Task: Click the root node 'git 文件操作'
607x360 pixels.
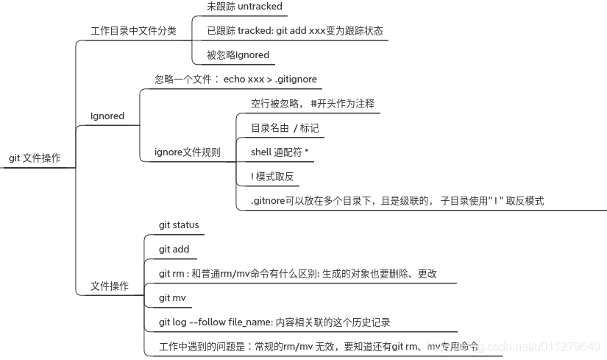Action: pos(35,158)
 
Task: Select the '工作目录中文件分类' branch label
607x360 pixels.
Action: pos(133,31)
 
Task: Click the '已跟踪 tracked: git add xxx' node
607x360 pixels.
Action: pos(294,31)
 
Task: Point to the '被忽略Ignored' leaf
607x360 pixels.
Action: pos(238,54)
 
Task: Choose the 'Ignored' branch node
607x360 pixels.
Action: pos(107,116)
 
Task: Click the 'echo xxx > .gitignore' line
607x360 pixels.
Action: pos(235,79)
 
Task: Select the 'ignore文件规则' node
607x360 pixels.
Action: pos(187,152)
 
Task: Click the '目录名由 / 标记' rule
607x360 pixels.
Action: pos(285,128)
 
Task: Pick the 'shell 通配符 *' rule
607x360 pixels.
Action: pos(280,152)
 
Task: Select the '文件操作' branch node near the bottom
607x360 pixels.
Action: pos(109,286)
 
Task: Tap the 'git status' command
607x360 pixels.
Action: pos(179,225)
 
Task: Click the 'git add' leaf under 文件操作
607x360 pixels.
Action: pos(174,250)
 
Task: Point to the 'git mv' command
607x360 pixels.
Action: pos(173,297)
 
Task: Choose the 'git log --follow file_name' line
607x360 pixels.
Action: pos(274,322)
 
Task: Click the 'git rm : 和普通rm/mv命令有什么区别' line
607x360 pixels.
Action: pos(298,274)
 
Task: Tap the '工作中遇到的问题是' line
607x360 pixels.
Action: pos(319,346)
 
